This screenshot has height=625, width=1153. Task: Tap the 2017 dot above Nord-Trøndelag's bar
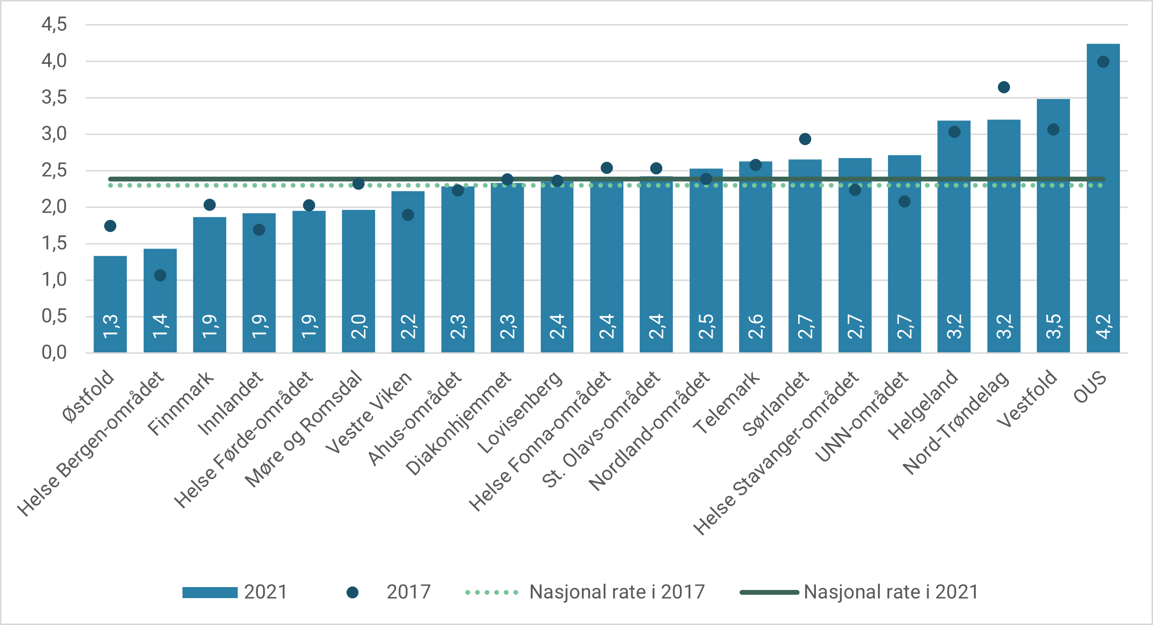click(1004, 87)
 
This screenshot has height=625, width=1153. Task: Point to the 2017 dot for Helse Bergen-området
click(160, 276)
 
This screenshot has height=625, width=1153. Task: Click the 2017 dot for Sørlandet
click(805, 139)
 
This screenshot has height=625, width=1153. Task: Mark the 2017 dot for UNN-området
click(904, 202)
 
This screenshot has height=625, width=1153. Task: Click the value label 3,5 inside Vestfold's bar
click(1053, 326)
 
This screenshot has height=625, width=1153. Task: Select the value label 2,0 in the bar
click(358, 326)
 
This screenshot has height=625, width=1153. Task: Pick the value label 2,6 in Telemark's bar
click(755, 326)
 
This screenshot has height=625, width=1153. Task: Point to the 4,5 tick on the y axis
click(54, 24)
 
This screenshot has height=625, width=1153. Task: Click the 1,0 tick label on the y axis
click(54, 280)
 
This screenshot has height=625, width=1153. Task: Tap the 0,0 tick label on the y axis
click(54, 353)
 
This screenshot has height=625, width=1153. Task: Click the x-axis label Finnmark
click(181, 404)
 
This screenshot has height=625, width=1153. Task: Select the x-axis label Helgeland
click(922, 405)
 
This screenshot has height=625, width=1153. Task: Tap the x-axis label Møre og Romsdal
click(303, 429)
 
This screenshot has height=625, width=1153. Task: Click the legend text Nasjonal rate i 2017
click(617, 592)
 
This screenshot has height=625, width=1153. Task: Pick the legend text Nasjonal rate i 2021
click(891, 592)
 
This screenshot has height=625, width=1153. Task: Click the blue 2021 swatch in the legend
click(210, 592)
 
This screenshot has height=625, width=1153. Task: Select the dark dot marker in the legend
click(352, 592)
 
